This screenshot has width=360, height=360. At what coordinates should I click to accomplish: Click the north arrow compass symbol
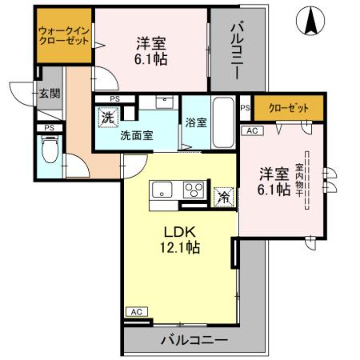pyautogui.click(x=310, y=20)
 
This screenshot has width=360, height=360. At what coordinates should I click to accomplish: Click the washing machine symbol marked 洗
pyautogui.click(x=108, y=118)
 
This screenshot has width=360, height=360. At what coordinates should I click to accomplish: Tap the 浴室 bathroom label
pyautogui.click(x=196, y=122)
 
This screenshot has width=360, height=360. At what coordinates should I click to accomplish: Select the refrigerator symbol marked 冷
pyautogui.click(x=224, y=196)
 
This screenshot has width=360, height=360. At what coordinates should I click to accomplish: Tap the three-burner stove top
pyautogui.click(x=194, y=190)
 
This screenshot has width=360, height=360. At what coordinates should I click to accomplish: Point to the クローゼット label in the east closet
pyautogui.click(x=288, y=108)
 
